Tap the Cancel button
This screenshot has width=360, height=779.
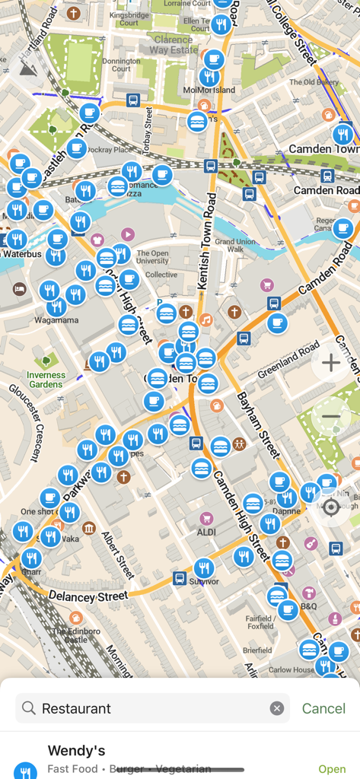click(323, 708)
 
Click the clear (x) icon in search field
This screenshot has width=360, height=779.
click(277, 708)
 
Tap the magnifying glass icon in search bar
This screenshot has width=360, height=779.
click(29, 708)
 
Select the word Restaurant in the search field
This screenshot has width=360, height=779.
click(76, 708)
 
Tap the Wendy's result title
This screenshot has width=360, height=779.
click(76, 751)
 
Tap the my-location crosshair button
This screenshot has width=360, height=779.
click(331, 507)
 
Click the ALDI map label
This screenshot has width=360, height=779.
click(205, 533)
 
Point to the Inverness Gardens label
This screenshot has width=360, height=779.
click(46, 380)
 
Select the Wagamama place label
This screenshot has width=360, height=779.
click(56, 320)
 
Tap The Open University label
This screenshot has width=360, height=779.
click(152, 258)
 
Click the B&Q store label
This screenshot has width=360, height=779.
click(309, 606)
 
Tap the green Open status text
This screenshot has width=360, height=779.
click(332, 769)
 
